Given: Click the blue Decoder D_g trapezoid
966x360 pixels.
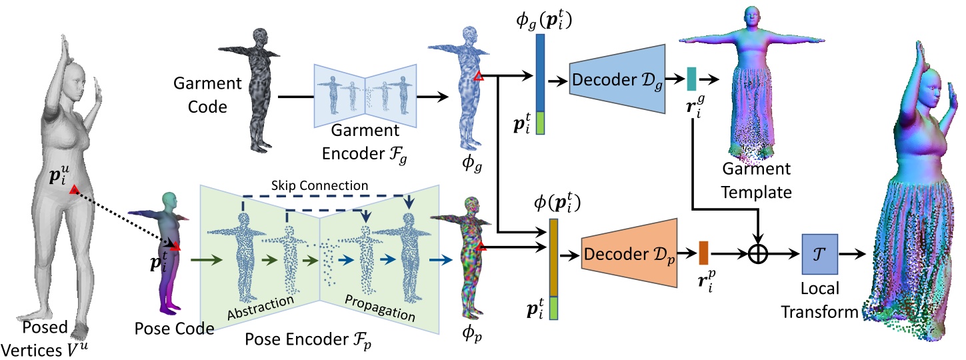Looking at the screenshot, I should tap(617, 79).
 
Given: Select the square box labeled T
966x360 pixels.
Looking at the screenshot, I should tap(819, 254).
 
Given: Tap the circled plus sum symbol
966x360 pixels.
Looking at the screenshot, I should tap(757, 254).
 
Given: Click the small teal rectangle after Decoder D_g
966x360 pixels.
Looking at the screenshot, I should tap(691, 79).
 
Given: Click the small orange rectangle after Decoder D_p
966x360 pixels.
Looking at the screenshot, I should tap(703, 253).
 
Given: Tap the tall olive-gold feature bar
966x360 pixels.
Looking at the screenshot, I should tap(553, 257).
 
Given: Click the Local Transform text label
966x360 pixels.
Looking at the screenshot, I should tap(819, 301).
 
